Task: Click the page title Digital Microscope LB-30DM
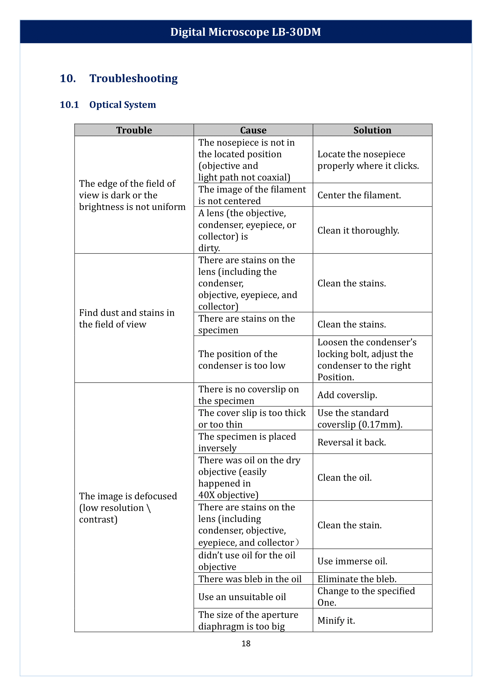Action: [x=245, y=32]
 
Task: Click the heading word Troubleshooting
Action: [x=133, y=78]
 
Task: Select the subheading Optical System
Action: [x=122, y=104]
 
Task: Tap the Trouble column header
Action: [x=134, y=130]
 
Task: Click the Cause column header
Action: [x=253, y=130]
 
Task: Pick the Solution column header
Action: [x=372, y=130]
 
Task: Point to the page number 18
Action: [x=246, y=644]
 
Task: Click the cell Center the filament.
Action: [x=359, y=195]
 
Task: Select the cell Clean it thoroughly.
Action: [x=358, y=230]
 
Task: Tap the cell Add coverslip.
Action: [x=347, y=395]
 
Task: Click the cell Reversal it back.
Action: [x=351, y=442]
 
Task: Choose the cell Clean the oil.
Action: [x=344, y=477]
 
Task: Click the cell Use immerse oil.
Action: [x=352, y=561]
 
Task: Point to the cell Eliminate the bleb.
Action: [x=357, y=579]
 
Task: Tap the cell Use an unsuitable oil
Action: [x=242, y=597]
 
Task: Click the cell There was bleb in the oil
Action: [x=250, y=579]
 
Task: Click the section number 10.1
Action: [x=69, y=104]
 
